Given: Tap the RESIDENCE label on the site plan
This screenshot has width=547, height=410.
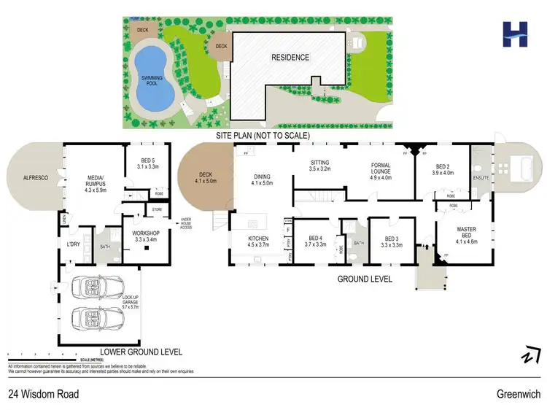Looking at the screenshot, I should [x=290, y=58].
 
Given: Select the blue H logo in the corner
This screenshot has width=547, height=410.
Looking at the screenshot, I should [x=515, y=34].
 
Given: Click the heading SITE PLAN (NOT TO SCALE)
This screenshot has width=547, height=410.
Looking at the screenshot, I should [x=262, y=136].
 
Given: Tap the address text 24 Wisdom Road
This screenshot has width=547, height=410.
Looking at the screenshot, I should [x=44, y=394].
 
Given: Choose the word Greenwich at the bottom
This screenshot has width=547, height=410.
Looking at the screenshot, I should [x=519, y=394].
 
